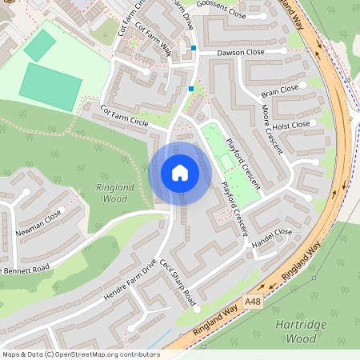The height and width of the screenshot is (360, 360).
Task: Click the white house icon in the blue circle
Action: click(179, 173)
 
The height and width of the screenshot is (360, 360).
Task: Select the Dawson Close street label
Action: click(242, 52)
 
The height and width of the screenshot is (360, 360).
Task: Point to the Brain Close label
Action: click(279, 90)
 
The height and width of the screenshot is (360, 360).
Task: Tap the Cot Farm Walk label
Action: click(154, 38)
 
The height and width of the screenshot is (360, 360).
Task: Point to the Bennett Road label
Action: click(26, 270)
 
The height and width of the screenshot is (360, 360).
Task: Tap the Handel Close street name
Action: click(272, 237)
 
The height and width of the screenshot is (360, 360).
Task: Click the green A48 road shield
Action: click(253, 300)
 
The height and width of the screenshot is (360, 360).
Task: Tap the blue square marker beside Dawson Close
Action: click(193, 49)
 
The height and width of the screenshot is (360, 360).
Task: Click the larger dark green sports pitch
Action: click(50, 86)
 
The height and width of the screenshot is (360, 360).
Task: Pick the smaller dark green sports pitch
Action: click(39, 45)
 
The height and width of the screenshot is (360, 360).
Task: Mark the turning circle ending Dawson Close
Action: click(284, 51)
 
